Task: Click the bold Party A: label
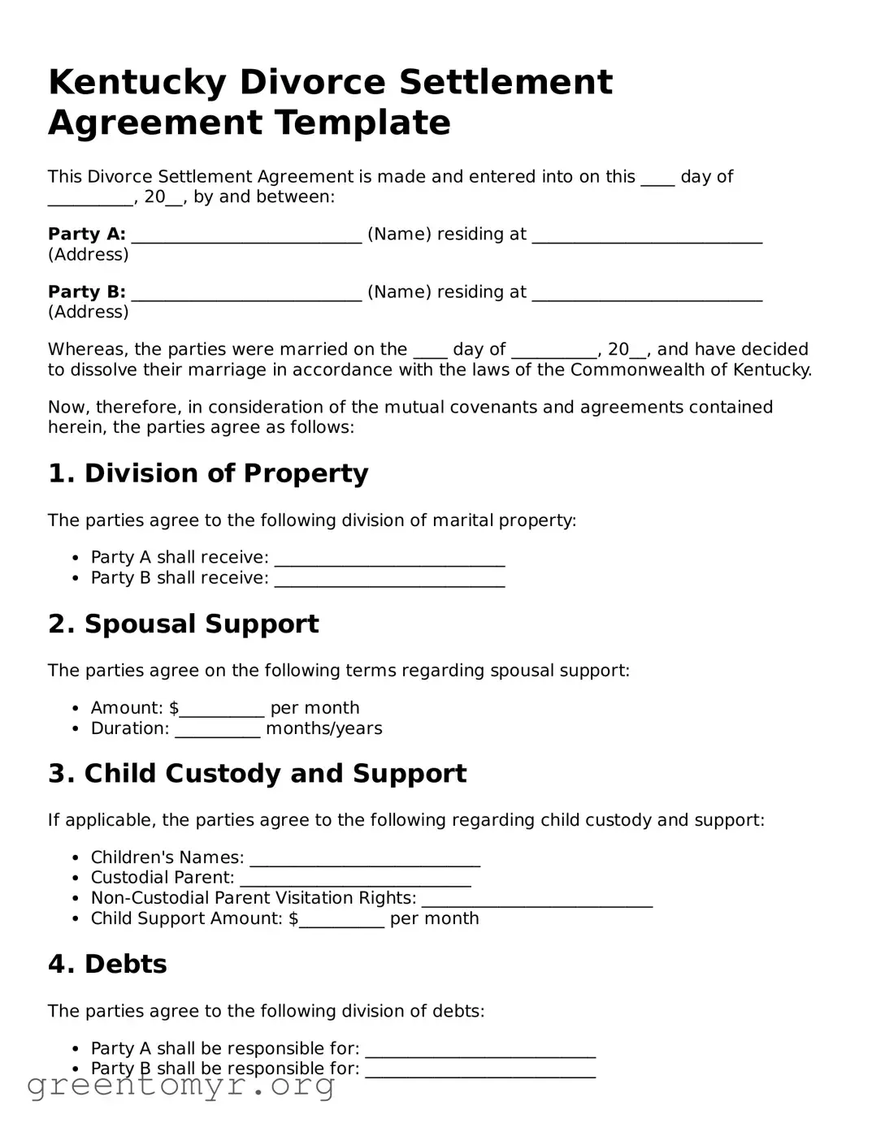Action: pos(86,235)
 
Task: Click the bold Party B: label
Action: pos(86,292)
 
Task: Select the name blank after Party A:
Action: pos(246,236)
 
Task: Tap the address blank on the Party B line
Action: pos(647,294)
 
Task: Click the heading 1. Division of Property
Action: pos(208,473)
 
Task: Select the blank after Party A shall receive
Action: pos(389,559)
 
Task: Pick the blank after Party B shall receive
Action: pos(389,580)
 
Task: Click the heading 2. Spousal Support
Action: pos(183,624)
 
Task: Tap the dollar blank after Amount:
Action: pos(222,710)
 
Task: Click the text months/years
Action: pos(323,728)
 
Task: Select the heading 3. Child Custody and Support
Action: pos(257,774)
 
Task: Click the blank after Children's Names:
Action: pos(365,859)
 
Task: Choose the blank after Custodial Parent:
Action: pos(355,879)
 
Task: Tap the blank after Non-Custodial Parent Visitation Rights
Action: pos(537,900)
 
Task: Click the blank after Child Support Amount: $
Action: pos(341,920)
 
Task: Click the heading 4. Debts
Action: pos(107,965)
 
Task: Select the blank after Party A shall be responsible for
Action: pos(480,1051)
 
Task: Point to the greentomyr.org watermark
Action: pos(180,1085)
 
